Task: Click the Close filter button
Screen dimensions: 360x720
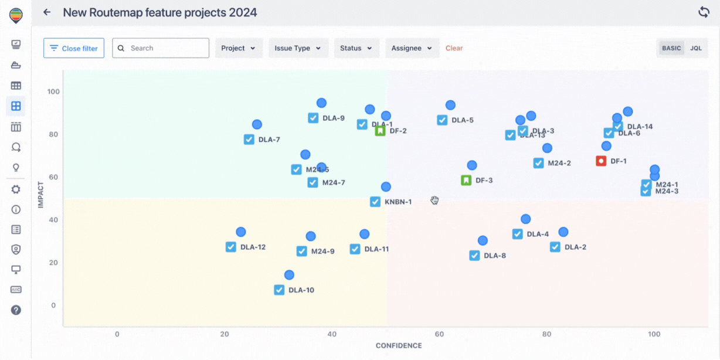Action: pyautogui.click(x=74, y=48)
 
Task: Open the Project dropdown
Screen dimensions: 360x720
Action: pyautogui.click(x=238, y=48)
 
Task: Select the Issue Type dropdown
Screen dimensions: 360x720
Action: pyautogui.click(x=298, y=48)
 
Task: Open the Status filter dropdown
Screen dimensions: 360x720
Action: pyautogui.click(x=356, y=48)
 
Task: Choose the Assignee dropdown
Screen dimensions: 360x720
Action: pyautogui.click(x=412, y=48)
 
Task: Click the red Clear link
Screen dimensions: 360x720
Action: pyautogui.click(x=454, y=48)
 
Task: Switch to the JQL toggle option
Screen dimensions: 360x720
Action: pyautogui.click(x=695, y=48)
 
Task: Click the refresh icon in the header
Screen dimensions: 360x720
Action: pyautogui.click(x=704, y=12)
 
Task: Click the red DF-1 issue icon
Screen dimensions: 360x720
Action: pyautogui.click(x=601, y=161)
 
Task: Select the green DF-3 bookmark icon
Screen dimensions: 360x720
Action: pyautogui.click(x=466, y=180)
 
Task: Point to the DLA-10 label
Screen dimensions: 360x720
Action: pyautogui.click(x=301, y=290)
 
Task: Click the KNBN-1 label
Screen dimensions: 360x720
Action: pyautogui.click(x=398, y=202)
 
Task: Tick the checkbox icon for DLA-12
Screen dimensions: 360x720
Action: pyautogui.click(x=231, y=247)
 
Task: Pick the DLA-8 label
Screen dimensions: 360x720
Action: pyautogui.click(x=495, y=256)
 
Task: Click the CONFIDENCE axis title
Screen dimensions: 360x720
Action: pyautogui.click(x=399, y=346)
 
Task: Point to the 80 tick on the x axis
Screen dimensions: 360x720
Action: pyautogui.click(x=547, y=334)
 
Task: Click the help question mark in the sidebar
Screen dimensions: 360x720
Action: pyautogui.click(x=16, y=310)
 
